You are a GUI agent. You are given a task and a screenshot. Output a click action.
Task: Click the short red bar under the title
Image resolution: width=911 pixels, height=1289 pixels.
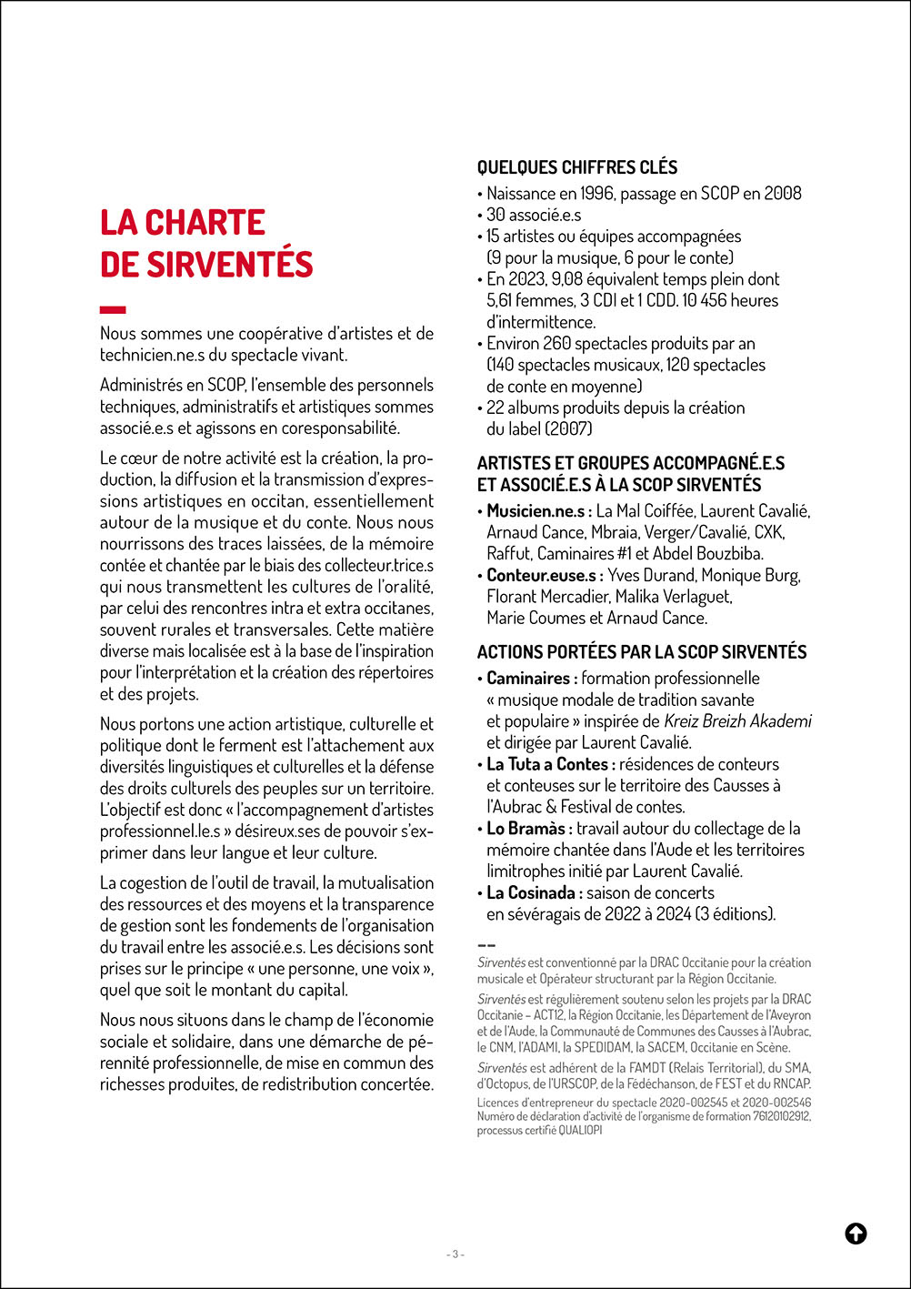click(x=113, y=310)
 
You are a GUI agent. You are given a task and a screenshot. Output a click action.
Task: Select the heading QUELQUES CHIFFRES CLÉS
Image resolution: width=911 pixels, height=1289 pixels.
click(x=577, y=167)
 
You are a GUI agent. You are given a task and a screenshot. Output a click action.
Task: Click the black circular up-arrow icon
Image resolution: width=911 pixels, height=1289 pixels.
click(x=856, y=1234)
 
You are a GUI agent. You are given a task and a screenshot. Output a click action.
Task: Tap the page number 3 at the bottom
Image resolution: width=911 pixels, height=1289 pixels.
click(x=456, y=1254)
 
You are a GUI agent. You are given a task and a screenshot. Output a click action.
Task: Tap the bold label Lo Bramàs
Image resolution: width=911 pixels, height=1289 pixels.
click(x=529, y=829)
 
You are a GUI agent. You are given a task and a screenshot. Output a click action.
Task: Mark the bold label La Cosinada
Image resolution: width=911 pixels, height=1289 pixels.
click(x=535, y=893)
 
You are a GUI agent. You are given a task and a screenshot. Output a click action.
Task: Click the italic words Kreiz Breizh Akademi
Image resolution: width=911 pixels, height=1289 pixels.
click(x=737, y=721)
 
